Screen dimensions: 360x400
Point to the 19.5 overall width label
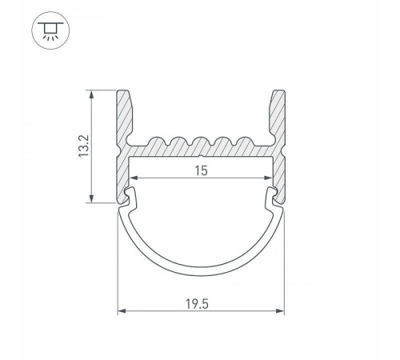point(201,304)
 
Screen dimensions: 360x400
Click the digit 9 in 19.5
point(197,304)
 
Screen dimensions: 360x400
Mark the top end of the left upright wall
point(126,92)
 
